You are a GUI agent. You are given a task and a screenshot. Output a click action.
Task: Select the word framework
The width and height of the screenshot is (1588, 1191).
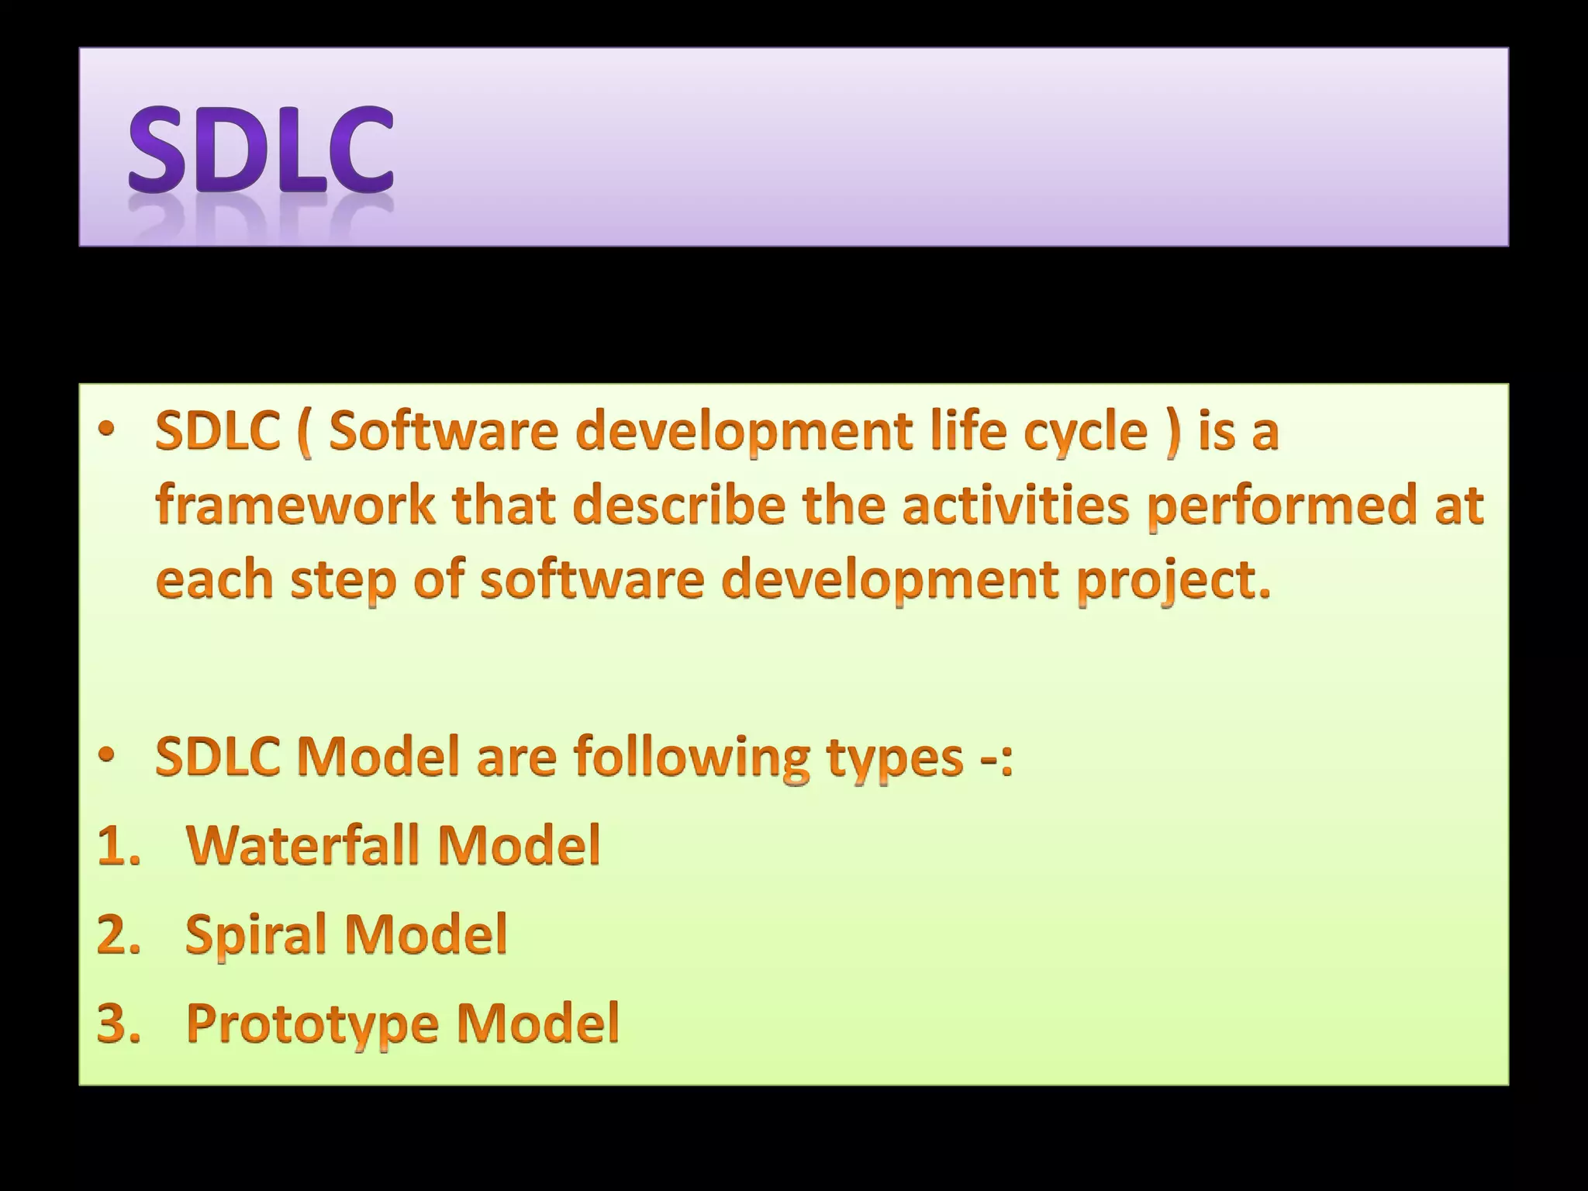point(295,505)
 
